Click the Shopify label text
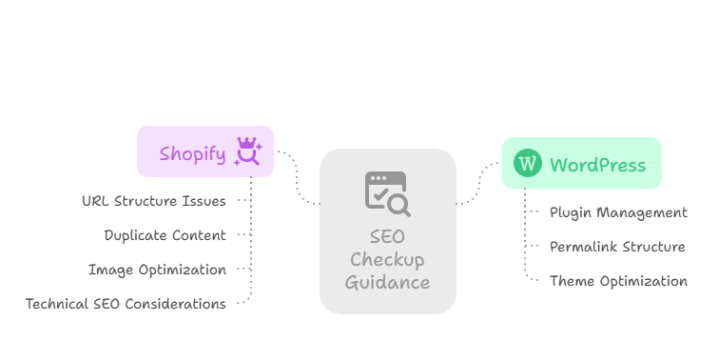192,153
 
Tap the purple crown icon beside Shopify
248,151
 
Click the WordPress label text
597,164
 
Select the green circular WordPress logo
528,163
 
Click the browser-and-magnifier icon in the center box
387,192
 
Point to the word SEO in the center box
387,238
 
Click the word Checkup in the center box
387,260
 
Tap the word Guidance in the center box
387,282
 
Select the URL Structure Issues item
154,201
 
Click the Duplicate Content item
165,235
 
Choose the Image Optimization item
157,270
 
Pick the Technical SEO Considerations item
126,304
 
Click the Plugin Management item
618,212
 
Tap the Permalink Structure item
617,247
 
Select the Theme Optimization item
618,281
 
